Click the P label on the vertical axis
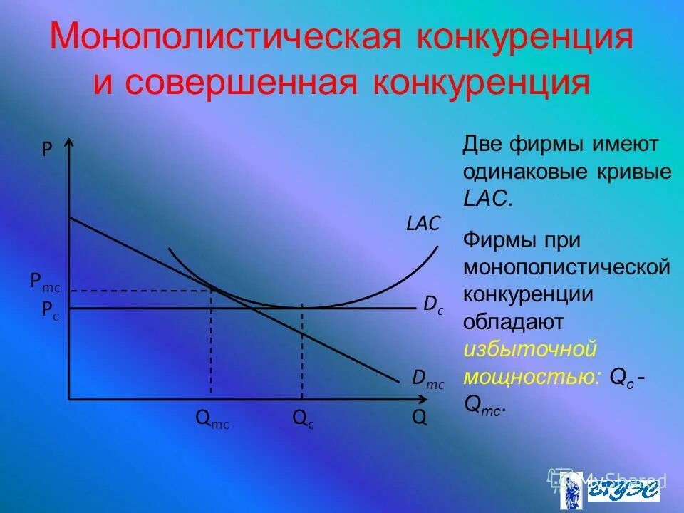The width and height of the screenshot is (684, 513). point(47,150)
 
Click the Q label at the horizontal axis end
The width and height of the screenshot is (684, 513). point(420,418)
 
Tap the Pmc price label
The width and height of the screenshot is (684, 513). point(46,282)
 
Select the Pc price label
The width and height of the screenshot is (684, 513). point(50,310)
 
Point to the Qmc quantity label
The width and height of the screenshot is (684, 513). point(212,419)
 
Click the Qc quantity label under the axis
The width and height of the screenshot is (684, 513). point(303,419)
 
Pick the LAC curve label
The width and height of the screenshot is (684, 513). point(423,224)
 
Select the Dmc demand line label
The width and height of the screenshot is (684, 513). point(427,381)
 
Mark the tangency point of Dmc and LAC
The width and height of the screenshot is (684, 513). point(212,287)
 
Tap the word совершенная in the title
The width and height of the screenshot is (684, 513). point(239,82)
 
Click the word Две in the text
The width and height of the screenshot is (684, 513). point(483,145)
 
